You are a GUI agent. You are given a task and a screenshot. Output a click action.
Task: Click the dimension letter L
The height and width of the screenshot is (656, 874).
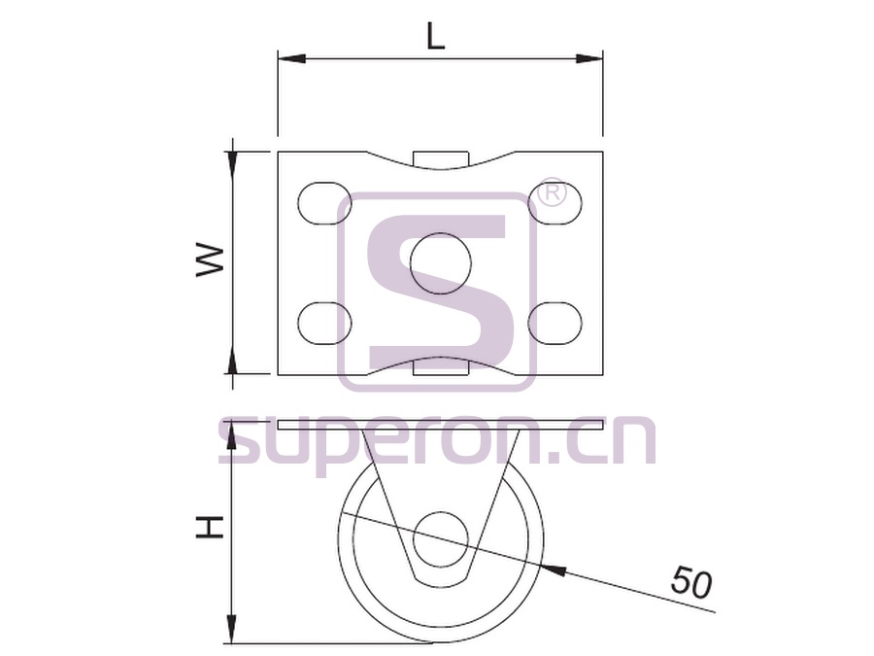coord(436,37)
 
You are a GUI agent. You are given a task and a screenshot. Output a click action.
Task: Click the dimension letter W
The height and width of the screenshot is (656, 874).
coord(210,260)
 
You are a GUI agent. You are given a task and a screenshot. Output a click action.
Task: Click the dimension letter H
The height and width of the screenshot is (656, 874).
coord(210,528)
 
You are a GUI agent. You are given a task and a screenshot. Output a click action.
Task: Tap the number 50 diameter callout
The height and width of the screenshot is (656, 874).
coord(691,581)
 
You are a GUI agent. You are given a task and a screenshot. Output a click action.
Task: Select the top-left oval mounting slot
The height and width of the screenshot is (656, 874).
coord(325,203)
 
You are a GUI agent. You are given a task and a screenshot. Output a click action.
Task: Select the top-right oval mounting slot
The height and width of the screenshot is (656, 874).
coord(555,203)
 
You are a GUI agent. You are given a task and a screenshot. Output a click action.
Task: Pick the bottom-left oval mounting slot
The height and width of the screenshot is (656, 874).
coord(325,323)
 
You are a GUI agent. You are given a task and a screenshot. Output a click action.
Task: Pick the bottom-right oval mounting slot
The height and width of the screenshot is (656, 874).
coord(555,323)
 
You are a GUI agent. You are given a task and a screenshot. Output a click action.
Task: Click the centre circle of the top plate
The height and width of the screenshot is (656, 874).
coord(440,263)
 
